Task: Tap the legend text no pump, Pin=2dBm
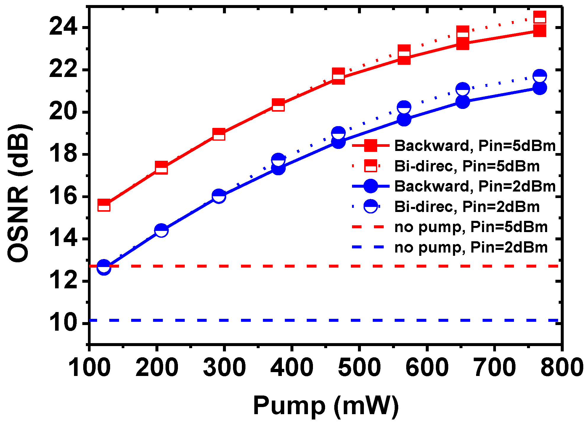pyautogui.click(x=471, y=247)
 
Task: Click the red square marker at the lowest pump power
pyautogui.click(x=104, y=205)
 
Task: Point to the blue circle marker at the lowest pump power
pyautogui.click(x=104, y=267)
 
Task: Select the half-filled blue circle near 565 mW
pyautogui.click(x=404, y=107)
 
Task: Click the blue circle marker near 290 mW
pyautogui.click(x=219, y=196)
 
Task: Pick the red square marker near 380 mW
pyautogui.click(x=278, y=105)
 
